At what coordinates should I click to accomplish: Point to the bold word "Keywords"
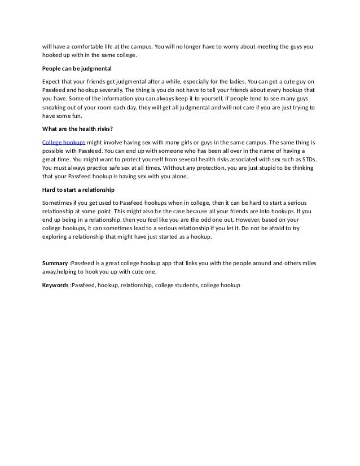56,285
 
